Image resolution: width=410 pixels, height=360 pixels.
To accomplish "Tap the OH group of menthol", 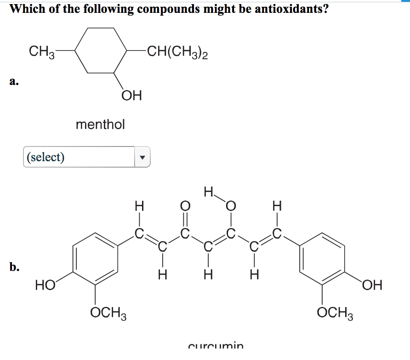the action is coord(131,96).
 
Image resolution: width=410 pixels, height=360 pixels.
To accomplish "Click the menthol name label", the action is coord(100,124).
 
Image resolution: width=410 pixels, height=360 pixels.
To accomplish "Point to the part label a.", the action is coord(13,82).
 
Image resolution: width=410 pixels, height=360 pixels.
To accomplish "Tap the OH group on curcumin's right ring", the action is coord(371,285).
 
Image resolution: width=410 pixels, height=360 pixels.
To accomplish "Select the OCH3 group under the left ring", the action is coord(108,314).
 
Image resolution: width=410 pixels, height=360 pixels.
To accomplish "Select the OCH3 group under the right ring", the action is coord(335,314).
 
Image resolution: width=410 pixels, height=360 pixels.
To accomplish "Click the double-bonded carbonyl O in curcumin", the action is coord(185,204).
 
